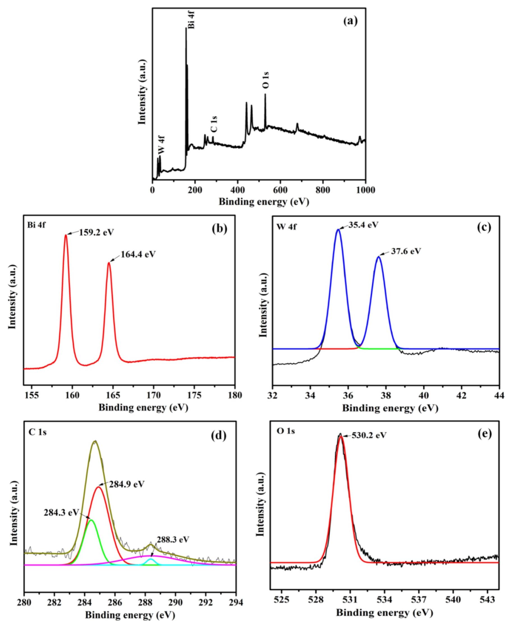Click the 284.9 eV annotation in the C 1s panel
[x=127, y=485]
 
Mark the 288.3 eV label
[x=173, y=540]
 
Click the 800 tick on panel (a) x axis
[x=323, y=190]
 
